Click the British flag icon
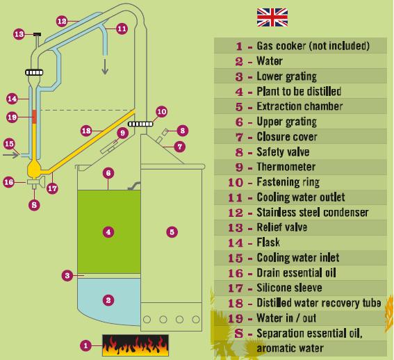[x=272, y=17]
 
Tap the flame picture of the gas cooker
[x=136, y=345]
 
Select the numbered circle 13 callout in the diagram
[x=19, y=34]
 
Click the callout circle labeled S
[x=34, y=205]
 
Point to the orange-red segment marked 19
[x=35, y=117]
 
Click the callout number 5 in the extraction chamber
[x=172, y=232]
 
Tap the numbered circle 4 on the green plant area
[x=108, y=232]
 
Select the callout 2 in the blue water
[x=108, y=300]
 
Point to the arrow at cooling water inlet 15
[x=11, y=155]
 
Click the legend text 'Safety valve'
[x=283, y=152]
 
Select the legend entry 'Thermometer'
[x=286, y=167]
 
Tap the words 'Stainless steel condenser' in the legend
[x=312, y=213]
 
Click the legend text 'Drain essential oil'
[x=296, y=272]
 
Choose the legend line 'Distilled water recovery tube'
[x=319, y=303]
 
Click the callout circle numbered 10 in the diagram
[x=162, y=112]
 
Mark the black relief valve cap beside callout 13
[x=38, y=34]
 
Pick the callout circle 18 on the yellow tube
[x=86, y=131]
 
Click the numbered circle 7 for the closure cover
[x=180, y=147]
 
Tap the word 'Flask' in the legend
[x=268, y=243]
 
